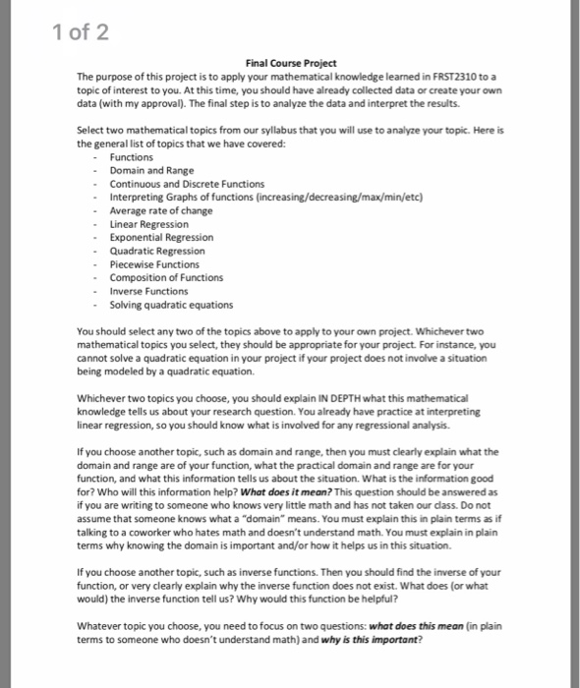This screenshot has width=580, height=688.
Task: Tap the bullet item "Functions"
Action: click(x=131, y=157)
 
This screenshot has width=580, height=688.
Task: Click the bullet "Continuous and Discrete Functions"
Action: click(x=187, y=184)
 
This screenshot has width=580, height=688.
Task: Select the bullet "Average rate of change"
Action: click(x=159, y=210)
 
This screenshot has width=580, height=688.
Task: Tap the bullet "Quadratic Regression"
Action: click(x=157, y=251)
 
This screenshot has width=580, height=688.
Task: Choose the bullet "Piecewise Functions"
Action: click(x=153, y=263)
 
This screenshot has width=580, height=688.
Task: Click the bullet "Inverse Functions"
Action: click(x=149, y=290)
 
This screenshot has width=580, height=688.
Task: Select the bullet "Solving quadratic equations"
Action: click(x=171, y=304)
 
